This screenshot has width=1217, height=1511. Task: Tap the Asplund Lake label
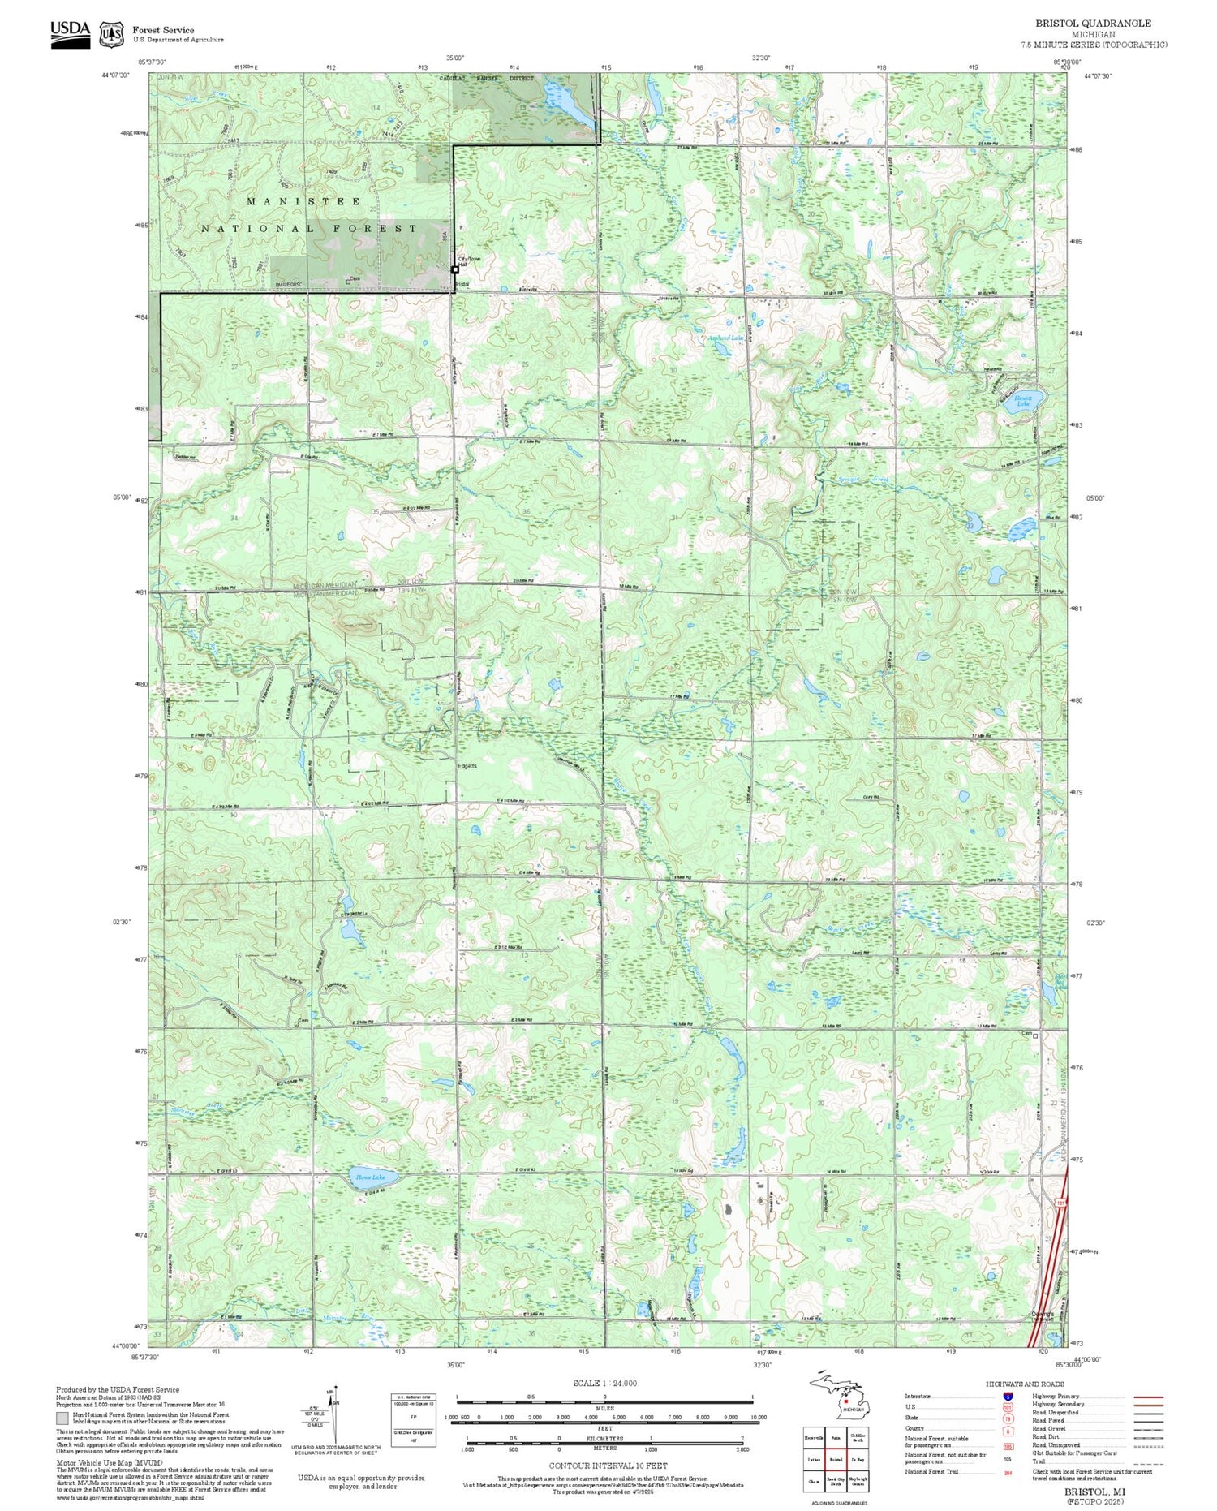pyautogui.click(x=725, y=338)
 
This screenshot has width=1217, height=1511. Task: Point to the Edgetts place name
pyautogui.click(x=467, y=766)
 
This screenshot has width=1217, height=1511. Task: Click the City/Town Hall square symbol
pyautogui.click(x=454, y=269)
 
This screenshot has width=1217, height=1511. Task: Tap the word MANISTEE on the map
pyautogui.click(x=304, y=200)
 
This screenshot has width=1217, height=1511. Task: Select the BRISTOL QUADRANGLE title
pyautogui.click(x=1092, y=24)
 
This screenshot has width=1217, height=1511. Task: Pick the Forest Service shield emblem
pyautogui.click(x=112, y=34)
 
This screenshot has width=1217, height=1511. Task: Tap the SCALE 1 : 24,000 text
pyautogui.click(x=604, y=1383)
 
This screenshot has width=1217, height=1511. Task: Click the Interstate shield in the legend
pyautogui.click(x=1008, y=1396)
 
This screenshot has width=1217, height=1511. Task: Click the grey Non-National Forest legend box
pyautogui.click(x=62, y=1418)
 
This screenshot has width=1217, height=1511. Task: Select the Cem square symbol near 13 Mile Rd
pyautogui.click(x=1035, y=1035)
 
